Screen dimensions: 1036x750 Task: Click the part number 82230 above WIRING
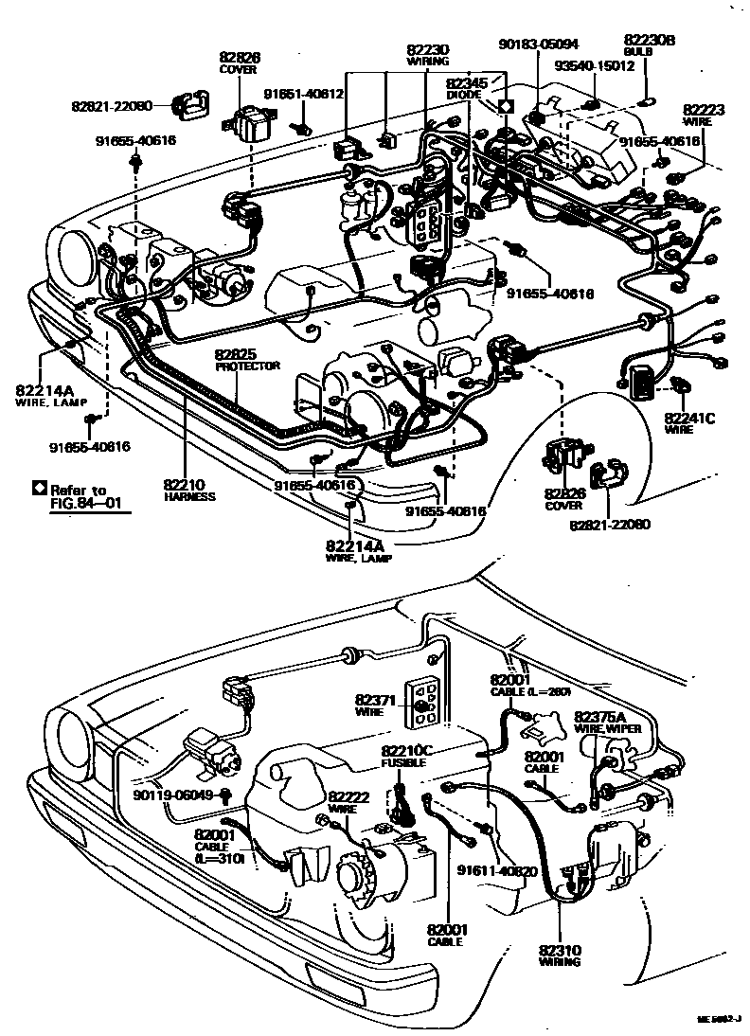click(x=428, y=49)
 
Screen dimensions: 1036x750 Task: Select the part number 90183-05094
click(x=539, y=44)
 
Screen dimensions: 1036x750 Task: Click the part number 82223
click(x=704, y=110)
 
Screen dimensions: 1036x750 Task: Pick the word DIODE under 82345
click(x=465, y=95)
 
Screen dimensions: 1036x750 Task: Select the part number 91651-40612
click(x=303, y=94)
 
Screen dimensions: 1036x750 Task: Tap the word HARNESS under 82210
click(x=189, y=496)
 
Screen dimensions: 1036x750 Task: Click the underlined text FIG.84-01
click(x=90, y=504)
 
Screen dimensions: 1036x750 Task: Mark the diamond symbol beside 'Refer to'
click(x=39, y=489)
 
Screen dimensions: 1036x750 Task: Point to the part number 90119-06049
click(x=174, y=795)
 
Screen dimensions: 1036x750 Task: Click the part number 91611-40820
click(x=497, y=871)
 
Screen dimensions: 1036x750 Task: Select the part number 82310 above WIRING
click(x=562, y=950)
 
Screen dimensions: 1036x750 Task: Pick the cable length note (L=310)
click(x=220, y=857)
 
